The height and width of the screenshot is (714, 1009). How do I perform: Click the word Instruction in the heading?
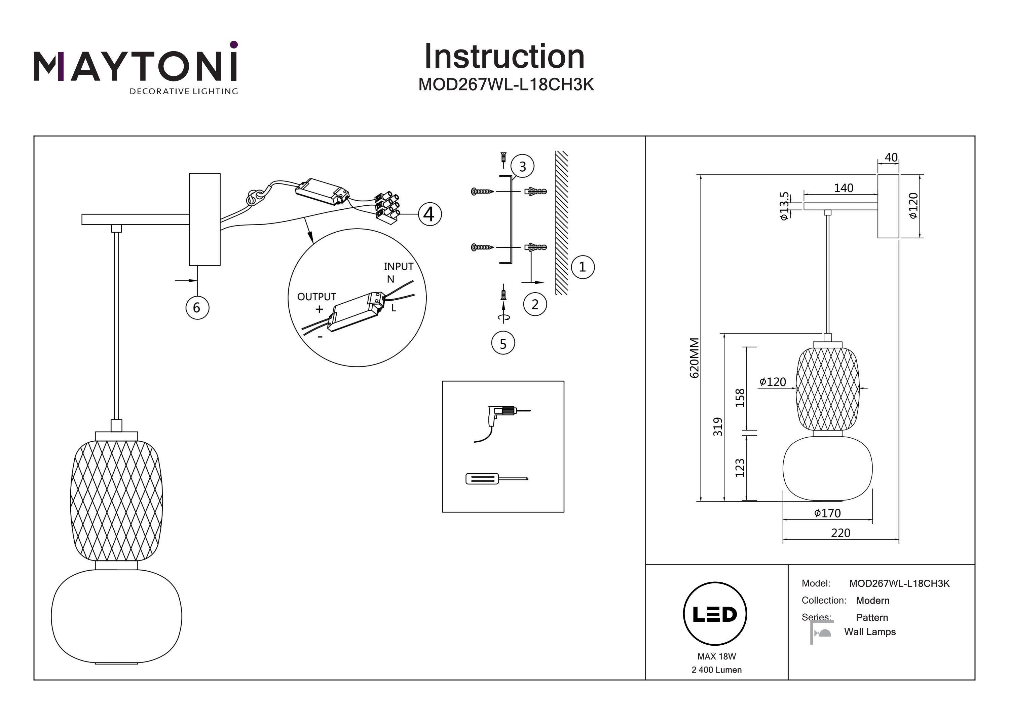tap(504, 57)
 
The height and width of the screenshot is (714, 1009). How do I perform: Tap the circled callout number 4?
tap(429, 214)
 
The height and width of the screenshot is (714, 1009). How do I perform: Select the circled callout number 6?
tap(197, 307)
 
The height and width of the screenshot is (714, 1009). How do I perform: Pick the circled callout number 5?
tap(503, 344)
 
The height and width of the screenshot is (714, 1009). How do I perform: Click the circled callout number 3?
tap(522, 167)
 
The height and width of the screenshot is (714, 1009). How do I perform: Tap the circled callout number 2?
tap(535, 304)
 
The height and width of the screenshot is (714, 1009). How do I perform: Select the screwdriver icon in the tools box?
tap(496, 479)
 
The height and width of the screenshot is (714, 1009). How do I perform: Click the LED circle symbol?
tap(715, 614)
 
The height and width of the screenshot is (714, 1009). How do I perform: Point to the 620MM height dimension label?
tap(694, 358)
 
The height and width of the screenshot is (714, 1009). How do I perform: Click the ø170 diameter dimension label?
tap(827, 513)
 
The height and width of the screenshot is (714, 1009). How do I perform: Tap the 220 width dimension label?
tap(840, 533)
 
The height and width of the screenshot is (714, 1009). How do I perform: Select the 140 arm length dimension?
tap(843, 188)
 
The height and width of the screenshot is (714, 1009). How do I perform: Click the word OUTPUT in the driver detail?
tap(316, 297)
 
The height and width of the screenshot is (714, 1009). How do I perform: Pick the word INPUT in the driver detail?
tap(399, 267)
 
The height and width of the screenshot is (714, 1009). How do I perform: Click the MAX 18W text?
tap(716, 656)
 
